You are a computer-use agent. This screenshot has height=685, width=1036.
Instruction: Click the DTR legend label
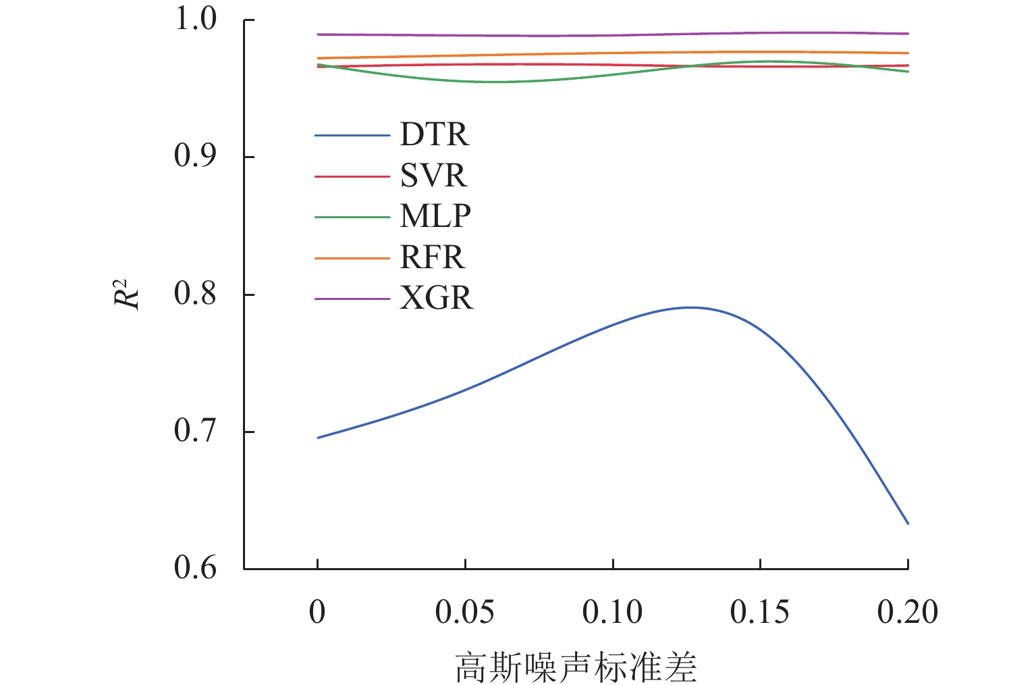tap(434, 135)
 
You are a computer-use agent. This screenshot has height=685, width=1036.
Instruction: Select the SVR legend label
tap(433, 176)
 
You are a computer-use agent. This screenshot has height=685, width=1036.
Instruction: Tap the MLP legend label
tap(435, 217)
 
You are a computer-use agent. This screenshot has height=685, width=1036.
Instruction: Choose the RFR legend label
tap(433, 258)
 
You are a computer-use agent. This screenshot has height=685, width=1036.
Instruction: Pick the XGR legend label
tap(436, 299)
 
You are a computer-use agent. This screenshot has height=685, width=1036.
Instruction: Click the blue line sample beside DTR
tap(352, 136)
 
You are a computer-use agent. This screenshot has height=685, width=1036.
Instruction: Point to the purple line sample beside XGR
tap(352, 299)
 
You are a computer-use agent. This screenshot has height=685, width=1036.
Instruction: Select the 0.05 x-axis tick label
tap(464, 613)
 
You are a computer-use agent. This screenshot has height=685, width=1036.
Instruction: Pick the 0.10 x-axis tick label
tap(612, 613)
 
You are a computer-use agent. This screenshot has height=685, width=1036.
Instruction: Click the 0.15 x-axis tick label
tap(760, 613)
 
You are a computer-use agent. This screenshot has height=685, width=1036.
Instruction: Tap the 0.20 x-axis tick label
tap(907, 613)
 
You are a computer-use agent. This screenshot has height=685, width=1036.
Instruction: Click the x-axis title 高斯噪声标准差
tap(576, 667)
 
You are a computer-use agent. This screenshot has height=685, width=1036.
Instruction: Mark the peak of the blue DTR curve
tap(691, 307)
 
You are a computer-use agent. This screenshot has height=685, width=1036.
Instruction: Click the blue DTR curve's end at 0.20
tap(908, 523)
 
